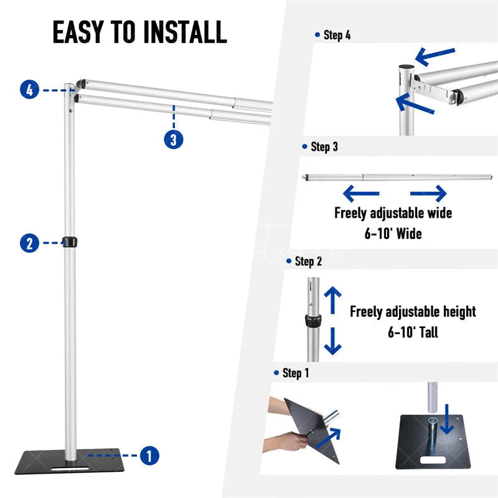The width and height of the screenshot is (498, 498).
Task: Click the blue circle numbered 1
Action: tap(149, 456)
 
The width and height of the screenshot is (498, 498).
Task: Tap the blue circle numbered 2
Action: tap(29, 242)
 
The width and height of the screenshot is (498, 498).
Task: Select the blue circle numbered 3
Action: tap(174, 139)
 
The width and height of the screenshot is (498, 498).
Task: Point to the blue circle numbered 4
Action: tap(29, 90)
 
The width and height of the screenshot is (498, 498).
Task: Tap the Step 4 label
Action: tap(337, 35)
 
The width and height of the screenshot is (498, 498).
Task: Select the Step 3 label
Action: tap(324, 148)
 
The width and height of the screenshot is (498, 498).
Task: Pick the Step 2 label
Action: tap(308, 261)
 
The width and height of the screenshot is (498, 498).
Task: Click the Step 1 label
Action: tap(296, 374)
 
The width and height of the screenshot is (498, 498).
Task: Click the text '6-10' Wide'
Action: tap(393, 234)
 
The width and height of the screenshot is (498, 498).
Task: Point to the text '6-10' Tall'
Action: tap(413, 332)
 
